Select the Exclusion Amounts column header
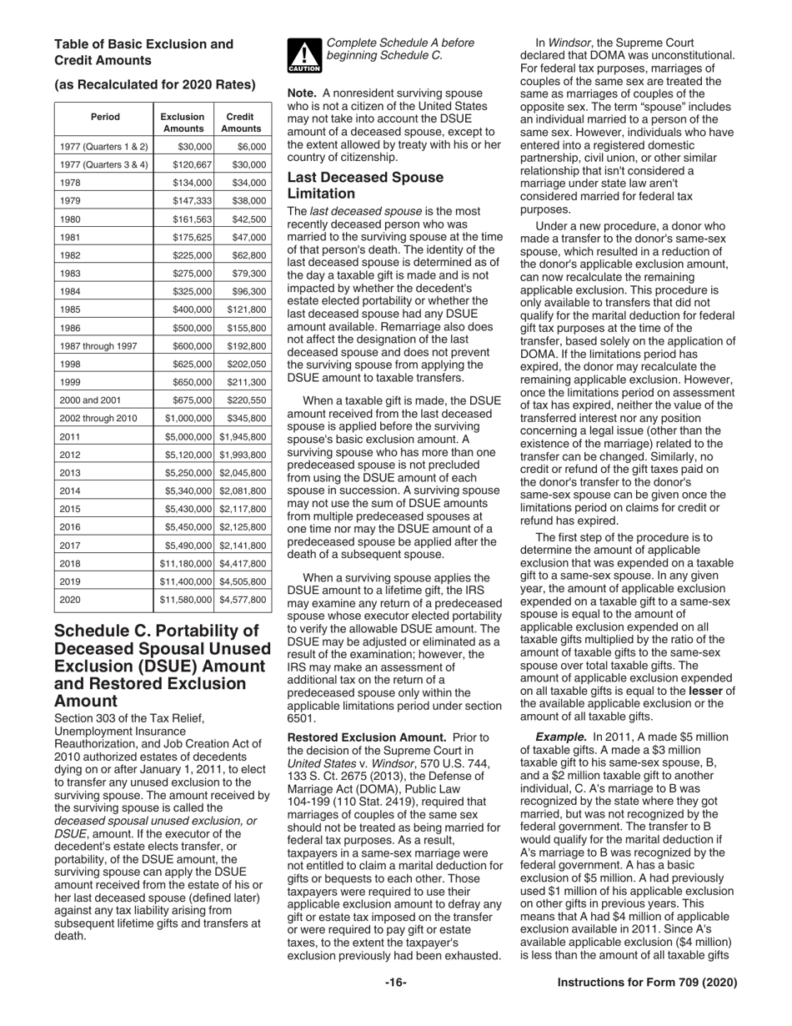click(x=183, y=123)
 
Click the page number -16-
click(x=395, y=983)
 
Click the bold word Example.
click(x=561, y=737)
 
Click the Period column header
click(x=105, y=117)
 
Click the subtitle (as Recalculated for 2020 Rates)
click(x=154, y=84)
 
